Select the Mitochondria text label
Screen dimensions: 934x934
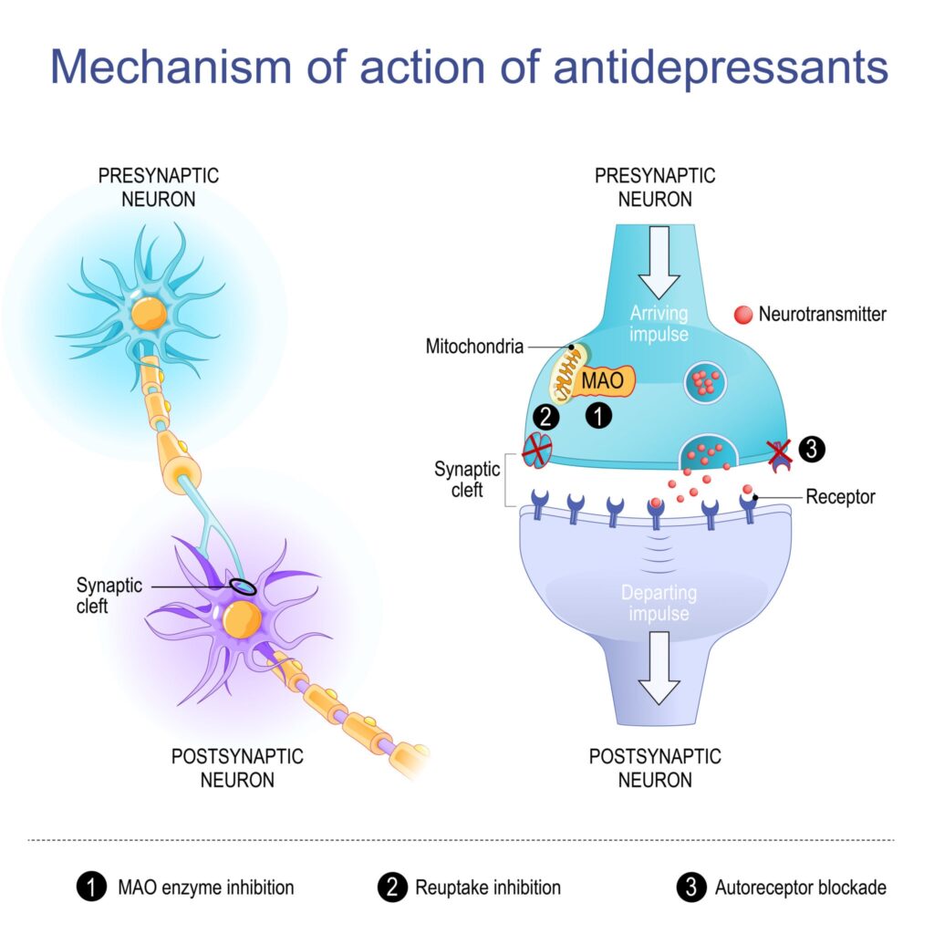(x=473, y=348)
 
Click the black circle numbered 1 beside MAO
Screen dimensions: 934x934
(x=598, y=417)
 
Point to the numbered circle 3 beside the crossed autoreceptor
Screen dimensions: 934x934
(x=812, y=449)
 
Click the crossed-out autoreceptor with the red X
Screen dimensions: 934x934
(x=779, y=453)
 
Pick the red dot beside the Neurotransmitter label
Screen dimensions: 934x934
(x=742, y=315)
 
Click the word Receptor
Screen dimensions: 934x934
(x=840, y=497)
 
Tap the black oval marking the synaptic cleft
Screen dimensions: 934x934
(x=243, y=587)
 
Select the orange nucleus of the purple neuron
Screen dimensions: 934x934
(x=243, y=620)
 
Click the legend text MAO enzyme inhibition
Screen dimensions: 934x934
(x=205, y=887)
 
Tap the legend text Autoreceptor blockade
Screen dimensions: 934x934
(x=800, y=887)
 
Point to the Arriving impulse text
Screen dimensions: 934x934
(x=659, y=325)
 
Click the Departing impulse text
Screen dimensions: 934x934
(x=659, y=603)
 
